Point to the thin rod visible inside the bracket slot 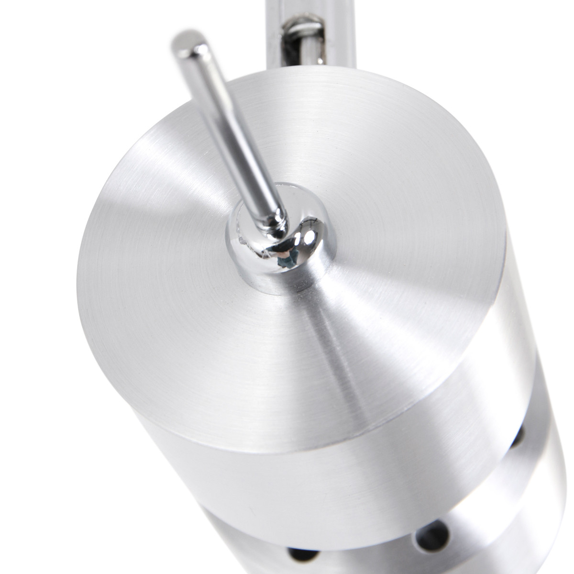pyautogui.click(x=311, y=43)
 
